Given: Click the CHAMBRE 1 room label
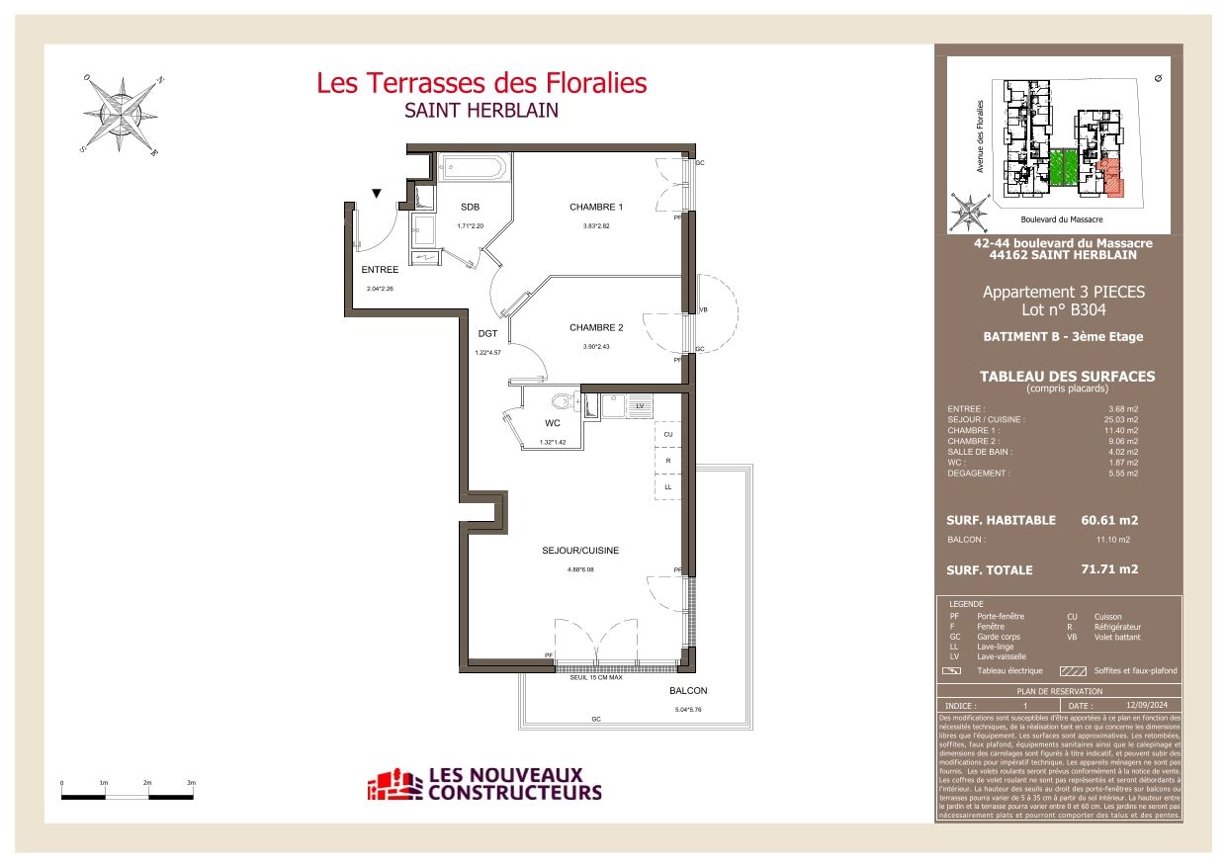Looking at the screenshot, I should tap(596, 207).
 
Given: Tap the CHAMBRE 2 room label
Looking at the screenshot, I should tap(596, 327).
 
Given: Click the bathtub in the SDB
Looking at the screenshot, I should tap(473, 166).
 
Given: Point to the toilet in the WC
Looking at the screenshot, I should tap(565, 402).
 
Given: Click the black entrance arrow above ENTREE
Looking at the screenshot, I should tap(376, 194).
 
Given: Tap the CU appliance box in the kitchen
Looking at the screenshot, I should tap(668, 435).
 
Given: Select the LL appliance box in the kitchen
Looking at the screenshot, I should tap(668, 487).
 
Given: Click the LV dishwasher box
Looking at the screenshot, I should tap(640, 406).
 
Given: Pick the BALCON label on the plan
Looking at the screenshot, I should tap(688, 691).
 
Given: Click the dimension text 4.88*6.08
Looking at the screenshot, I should tap(580, 569).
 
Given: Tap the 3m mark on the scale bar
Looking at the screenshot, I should tap(192, 782).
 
